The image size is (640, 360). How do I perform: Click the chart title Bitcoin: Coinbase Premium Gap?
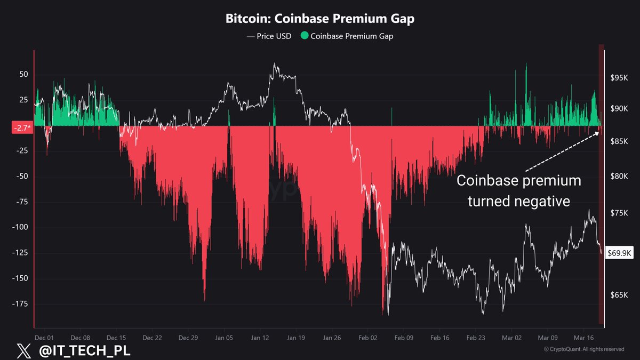[319, 19]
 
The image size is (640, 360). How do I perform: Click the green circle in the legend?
[305, 36]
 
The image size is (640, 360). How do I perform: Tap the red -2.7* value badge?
[22, 128]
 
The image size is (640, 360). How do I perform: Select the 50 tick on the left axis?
[23, 75]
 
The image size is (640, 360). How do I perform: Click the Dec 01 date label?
[44, 338]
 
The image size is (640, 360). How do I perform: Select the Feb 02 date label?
[368, 338]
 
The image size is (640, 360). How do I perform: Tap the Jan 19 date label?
[295, 338]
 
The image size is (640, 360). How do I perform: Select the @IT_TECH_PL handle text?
[82, 350]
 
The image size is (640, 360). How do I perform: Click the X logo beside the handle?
[21, 350]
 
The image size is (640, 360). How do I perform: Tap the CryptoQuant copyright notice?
[583, 349]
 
